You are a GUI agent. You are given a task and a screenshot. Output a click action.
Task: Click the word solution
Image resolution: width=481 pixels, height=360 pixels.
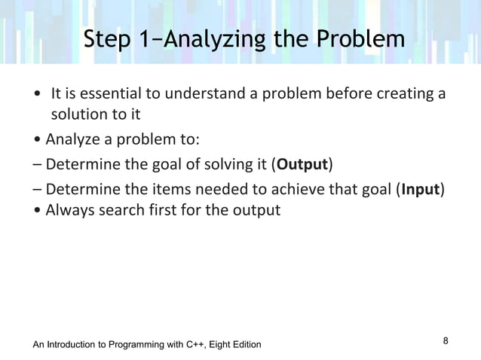pos(77,115)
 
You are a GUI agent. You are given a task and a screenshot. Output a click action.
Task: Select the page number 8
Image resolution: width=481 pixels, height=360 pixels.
pos(446,341)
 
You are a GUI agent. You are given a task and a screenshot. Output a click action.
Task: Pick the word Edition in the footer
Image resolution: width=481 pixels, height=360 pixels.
pos(243,345)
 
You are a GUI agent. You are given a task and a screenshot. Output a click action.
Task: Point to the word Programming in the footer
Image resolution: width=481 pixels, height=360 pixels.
pos(133,345)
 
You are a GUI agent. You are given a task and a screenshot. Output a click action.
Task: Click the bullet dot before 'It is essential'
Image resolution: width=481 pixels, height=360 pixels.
pos(37,96)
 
